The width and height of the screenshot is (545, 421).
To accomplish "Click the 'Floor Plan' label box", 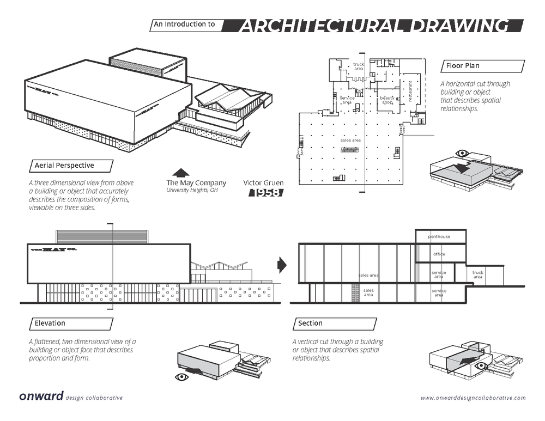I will tap(482, 66).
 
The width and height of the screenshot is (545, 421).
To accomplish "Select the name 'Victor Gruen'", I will tap(264, 182).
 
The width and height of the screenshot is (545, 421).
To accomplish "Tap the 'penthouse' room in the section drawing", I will tap(440, 237).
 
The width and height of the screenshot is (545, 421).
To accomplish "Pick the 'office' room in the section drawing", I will tap(440, 254).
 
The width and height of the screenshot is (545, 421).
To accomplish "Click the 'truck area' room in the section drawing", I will tap(478, 274).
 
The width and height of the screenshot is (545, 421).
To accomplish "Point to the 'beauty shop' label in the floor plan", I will tap(387, 100).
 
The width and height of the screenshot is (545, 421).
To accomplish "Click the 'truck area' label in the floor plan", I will tap(358, 66).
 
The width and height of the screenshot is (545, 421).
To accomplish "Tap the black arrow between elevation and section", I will tap(282, 265).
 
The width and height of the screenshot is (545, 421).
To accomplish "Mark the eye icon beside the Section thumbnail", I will tap(480, 366).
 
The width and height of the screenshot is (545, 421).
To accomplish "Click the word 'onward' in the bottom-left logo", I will tap(41, 396).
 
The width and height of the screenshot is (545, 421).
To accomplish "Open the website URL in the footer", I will tap(473, 398).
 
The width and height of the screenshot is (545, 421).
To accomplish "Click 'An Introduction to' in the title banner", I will tap(185, 25).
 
